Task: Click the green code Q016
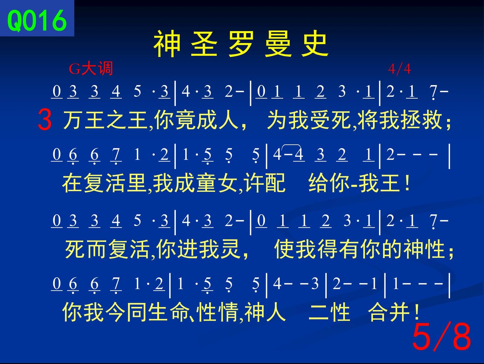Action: click(37, 21)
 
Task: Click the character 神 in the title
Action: click(167, 44)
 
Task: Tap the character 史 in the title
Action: click(315, 44)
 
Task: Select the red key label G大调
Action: click(91, 68)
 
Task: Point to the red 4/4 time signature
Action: click(400, 69)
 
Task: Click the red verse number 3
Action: click(45, 120)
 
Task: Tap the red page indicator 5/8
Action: click(441, 337)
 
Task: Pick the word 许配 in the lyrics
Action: click(266, 183)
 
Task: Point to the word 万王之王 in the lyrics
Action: click(105, 120)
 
